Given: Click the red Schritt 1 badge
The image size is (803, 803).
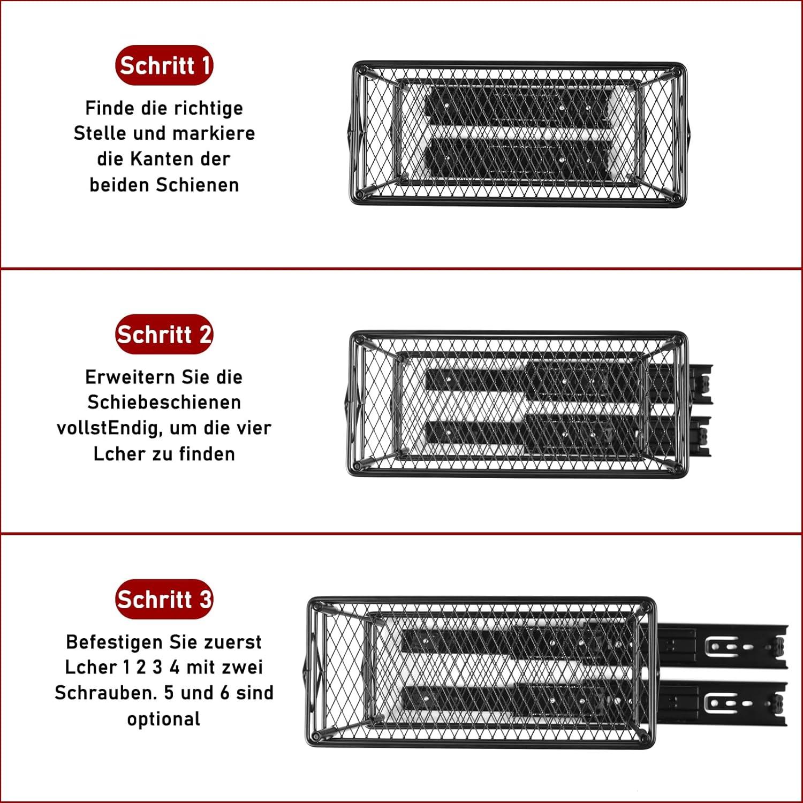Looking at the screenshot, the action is tap(164, 65).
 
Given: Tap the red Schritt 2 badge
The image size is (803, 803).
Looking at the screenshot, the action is tap(164, 335).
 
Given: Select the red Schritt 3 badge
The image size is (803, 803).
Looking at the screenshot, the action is tap(164, 599).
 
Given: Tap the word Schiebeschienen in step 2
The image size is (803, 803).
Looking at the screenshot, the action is tap(164, 402).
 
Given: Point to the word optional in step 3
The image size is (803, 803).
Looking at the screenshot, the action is tap(164, 719).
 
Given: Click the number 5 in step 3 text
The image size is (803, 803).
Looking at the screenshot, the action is tap(169, 693).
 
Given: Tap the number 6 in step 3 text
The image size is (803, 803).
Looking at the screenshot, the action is tap(225, 693).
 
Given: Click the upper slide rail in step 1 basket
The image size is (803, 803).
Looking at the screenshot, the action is tap(518, 108).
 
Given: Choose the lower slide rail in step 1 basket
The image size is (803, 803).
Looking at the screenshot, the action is tap(518, 159).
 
